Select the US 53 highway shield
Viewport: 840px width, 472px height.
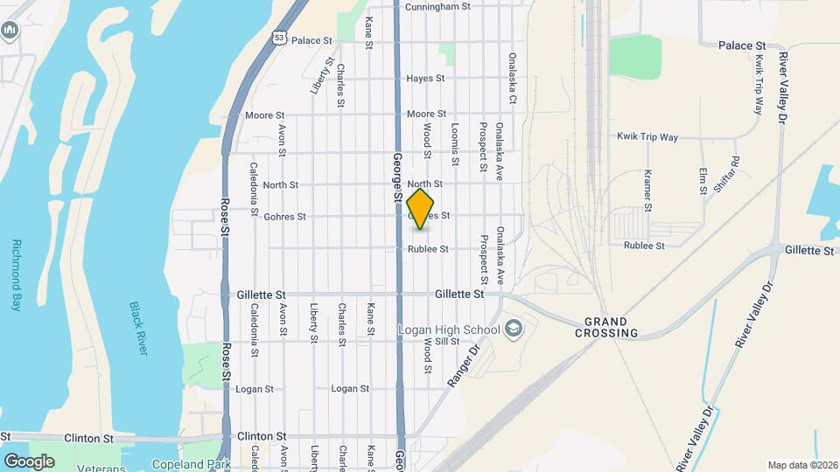click(278, 38)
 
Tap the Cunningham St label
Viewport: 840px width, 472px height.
click(438, 6)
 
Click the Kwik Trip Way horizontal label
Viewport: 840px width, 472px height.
click(647, 137)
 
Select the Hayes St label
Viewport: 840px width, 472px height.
click(427, 79)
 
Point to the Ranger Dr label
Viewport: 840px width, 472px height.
click(465, 363)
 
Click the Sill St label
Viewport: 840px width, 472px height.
click(447, 341)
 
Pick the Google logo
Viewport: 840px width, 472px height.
click(29, 461)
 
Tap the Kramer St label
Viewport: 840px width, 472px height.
click(648, 191)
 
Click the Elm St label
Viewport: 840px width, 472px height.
click(703, 182)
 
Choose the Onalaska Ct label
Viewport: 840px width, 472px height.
click(513, 77)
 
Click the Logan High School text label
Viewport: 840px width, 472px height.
click(449, 330)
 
